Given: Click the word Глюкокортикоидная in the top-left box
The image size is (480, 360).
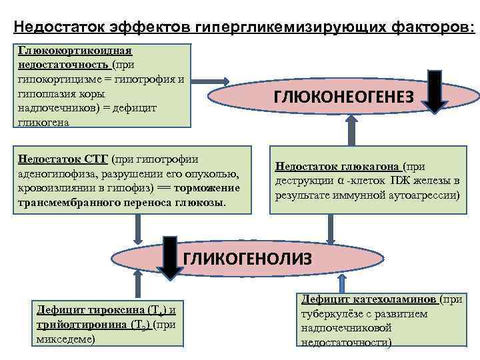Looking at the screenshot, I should click(x=75, y=50).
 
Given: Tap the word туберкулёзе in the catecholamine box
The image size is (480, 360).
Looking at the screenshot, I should click(x=331, y=314).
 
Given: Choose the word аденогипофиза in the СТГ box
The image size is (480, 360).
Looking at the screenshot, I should click(x=53, y=175).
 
